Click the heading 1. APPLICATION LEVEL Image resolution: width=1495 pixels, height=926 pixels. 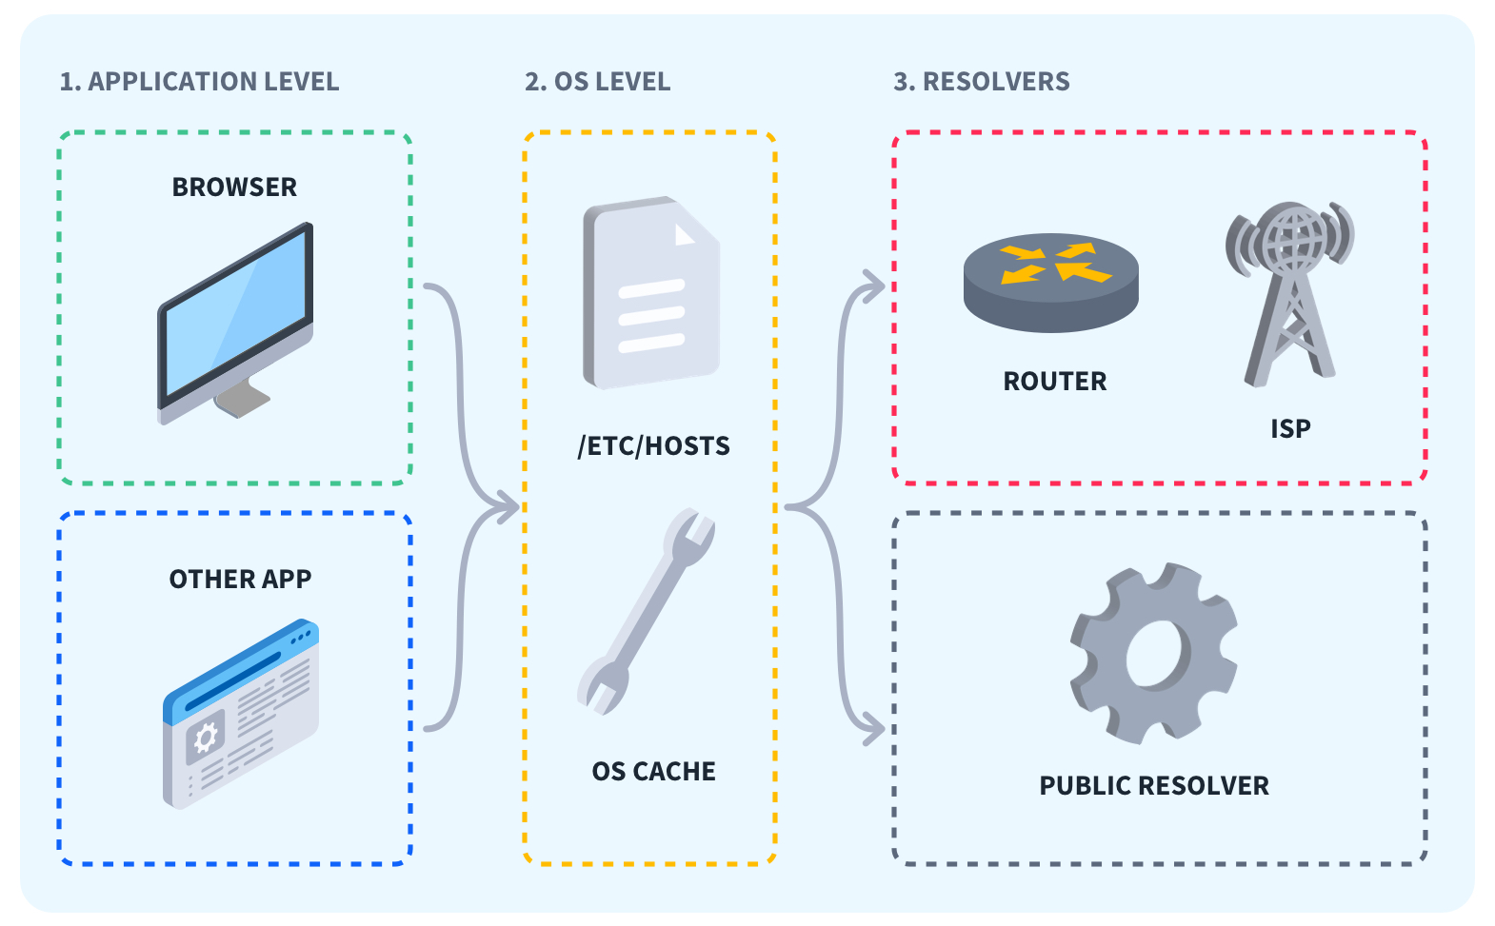click(x=199, y=82)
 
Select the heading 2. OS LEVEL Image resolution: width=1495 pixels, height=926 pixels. click(x=597, y=82)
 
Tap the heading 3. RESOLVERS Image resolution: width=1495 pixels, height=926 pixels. click(x=981, y=82)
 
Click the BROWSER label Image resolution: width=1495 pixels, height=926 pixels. click(x=234, y=187)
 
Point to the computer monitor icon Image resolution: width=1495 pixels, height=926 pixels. click(x=235, y=319)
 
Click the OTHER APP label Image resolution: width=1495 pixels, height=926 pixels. click(x=240, y=580)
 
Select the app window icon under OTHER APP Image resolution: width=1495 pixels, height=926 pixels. click(x=241, y=714)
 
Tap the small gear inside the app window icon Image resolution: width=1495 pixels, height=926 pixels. click(x=205, y=737)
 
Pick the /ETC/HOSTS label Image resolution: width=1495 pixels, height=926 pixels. click(x=653, y=446)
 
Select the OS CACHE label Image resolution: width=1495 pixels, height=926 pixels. click(x=653, y=772)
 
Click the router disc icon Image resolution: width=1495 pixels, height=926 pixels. click(x=1051, y=282)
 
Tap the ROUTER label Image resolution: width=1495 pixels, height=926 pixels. click(x=1055, y=382)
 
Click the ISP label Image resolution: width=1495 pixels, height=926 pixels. click(x=1290, y=429)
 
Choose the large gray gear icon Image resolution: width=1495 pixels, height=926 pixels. click(x=1154, y=653)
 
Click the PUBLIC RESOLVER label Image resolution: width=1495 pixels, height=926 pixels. click(x=1154, y=786)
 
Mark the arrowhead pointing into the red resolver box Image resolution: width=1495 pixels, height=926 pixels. click(x=874, y=286)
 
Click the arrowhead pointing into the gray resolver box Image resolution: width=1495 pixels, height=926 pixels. click(x=874, y=729)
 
